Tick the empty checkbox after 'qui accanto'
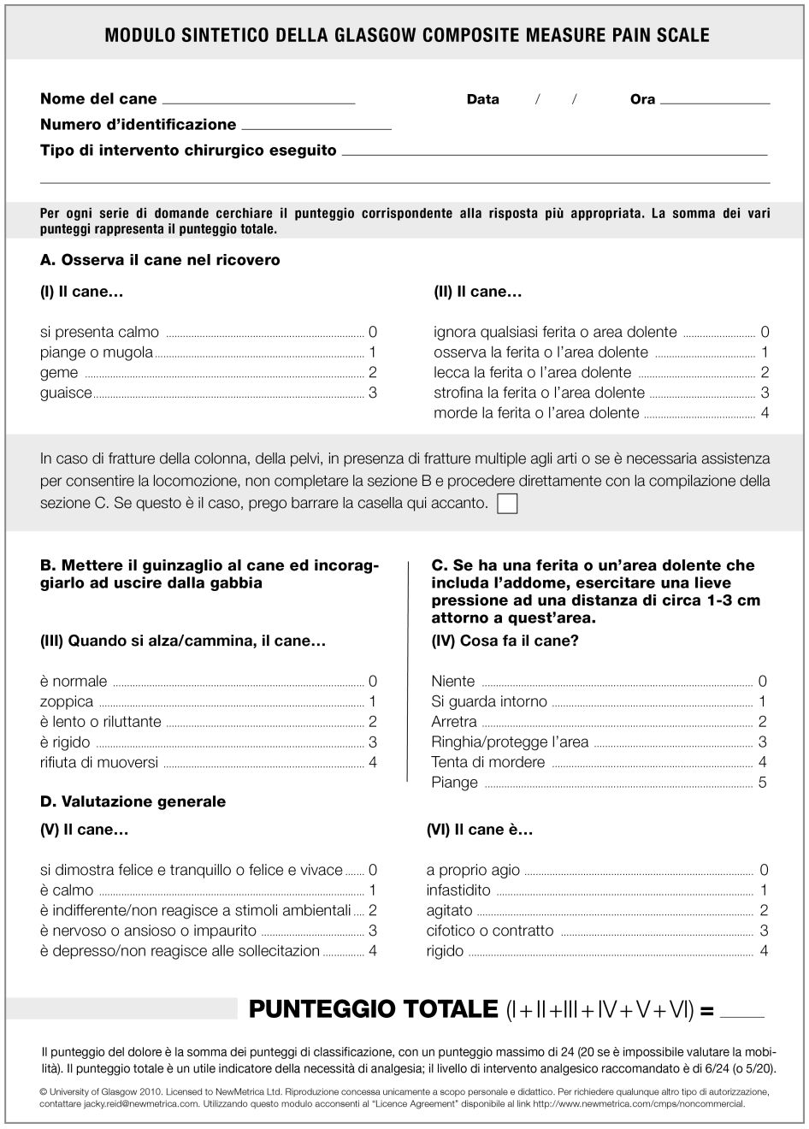(x=507, y=503)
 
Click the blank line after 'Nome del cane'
(x=258, y=102)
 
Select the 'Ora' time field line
(x=715, y=102)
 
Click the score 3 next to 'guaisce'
(x=372, y=393)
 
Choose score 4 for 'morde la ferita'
(x=765, y=413)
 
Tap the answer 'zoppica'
(x=67, y=701)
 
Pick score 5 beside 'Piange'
(x=763, y=783)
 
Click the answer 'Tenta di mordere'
(x=488, y=762)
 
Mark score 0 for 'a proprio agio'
(x=764, y=870)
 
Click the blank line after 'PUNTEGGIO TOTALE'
(x=742, y=1017)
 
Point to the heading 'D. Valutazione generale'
(x=133, y=801)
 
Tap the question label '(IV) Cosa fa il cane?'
(x=505, y=641)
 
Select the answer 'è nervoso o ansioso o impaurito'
(x=148, y=931)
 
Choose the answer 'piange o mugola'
(x=97, y=352)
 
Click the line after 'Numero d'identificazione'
(x=316, y=127)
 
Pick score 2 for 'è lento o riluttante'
(x=372, y=722)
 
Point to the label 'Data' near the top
(x=483, y=99)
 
